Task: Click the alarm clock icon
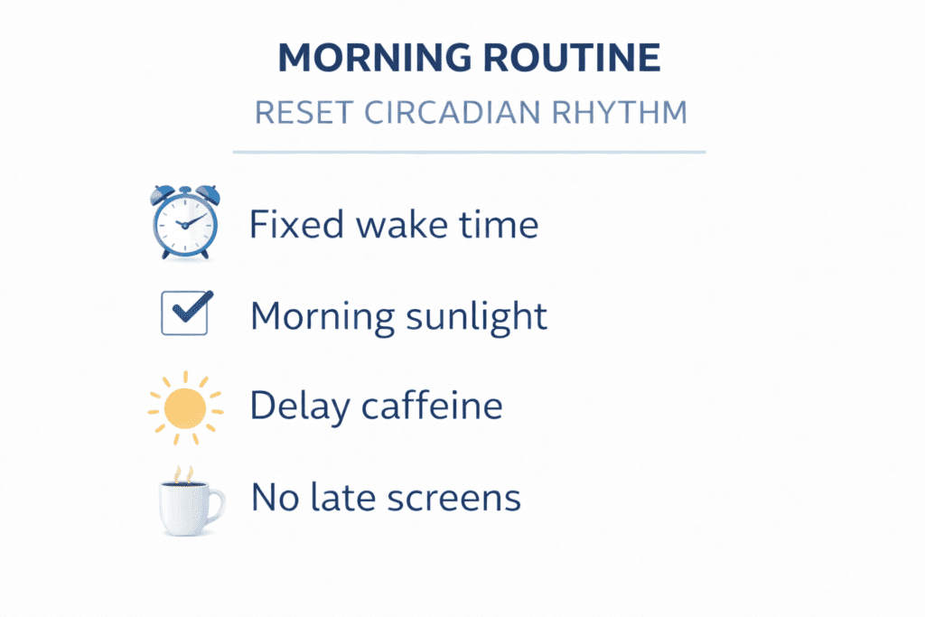point(185,221)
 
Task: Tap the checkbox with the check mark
point(185,313)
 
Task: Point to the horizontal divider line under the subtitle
point(469,153)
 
